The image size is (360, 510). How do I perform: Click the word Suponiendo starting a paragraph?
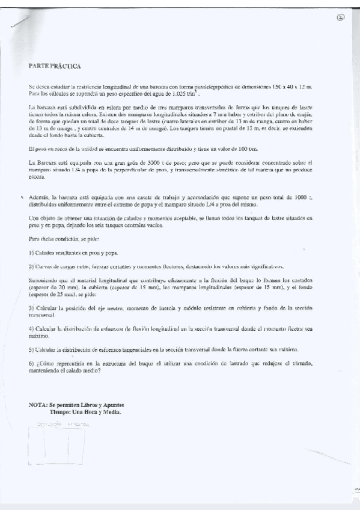point(44,280)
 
